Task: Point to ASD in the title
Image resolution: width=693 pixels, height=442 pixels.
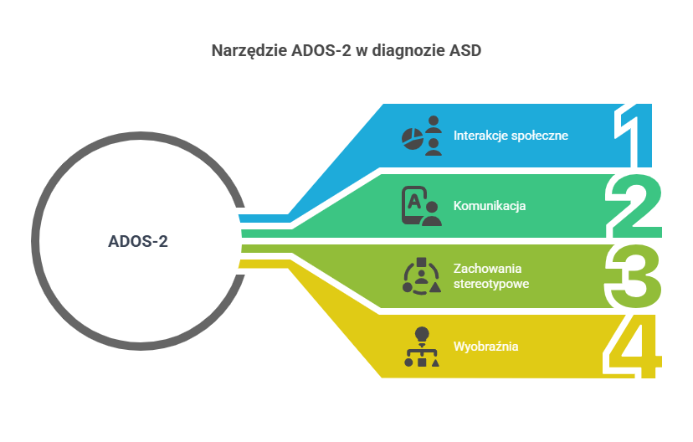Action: coord(465,50)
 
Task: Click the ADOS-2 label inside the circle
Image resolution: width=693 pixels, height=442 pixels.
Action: coord(138,241)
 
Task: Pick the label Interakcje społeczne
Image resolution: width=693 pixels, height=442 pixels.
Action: coord(511,136)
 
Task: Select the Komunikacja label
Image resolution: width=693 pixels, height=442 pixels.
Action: coord(490,206)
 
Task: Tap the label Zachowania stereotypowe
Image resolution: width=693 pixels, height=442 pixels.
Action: coord(491,275)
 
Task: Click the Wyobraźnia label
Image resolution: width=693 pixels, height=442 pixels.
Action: coord(485,346)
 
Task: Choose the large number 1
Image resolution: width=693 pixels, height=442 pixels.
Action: coord(633,136)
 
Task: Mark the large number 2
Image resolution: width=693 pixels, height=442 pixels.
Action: coord(634,206)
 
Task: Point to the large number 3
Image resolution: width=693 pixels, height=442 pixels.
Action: coord(633,275)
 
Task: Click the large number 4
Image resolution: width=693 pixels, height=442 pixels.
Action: coord(633,346)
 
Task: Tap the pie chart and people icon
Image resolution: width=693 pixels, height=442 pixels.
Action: coord(422,136)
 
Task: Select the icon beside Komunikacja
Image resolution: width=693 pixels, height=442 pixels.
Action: coord(422,206)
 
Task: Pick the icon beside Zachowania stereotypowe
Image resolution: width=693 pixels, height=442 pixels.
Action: coord(422,275)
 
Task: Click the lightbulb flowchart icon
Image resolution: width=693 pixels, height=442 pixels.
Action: coord(422,347)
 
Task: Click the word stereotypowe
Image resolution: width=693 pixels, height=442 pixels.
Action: coord(491,284)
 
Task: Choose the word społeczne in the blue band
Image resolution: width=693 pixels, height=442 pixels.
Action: coord(540,136)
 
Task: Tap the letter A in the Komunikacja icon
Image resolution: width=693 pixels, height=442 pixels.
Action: coord(414,202)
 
